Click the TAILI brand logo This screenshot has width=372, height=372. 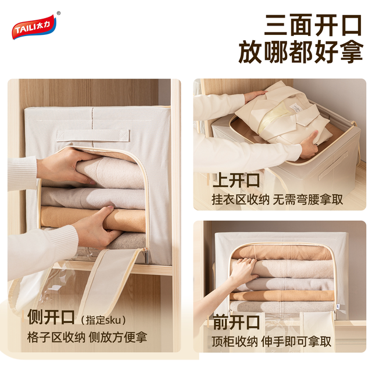[x=34, y=27]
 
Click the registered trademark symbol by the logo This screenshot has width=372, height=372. [x=59, y=13]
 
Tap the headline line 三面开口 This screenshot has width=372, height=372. [x=313, y=26]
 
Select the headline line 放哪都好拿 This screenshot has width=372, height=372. [x=301, y=52]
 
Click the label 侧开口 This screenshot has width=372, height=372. [x=51, y=317]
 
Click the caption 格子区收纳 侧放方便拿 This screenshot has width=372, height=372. [x=87, y=337]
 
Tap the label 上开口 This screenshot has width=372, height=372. [x=236, y=181]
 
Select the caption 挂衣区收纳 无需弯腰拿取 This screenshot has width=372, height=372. [x=277, y=199]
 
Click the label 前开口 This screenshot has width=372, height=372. [x=236, y=322]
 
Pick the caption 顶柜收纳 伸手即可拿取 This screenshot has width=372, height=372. [x=271, y=342]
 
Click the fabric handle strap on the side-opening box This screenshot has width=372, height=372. [x=93, y=135]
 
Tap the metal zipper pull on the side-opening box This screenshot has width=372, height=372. [x=146, y=256]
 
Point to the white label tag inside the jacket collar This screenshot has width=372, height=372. [x=296, y=106]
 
